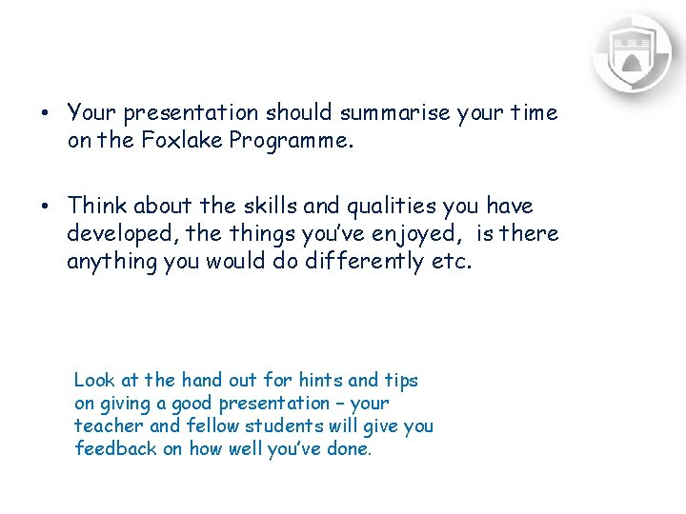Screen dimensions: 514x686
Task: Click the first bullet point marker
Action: click(44, 112)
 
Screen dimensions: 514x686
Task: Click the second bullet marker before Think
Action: click(44, 206)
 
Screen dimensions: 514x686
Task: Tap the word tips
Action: click(401, 380)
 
